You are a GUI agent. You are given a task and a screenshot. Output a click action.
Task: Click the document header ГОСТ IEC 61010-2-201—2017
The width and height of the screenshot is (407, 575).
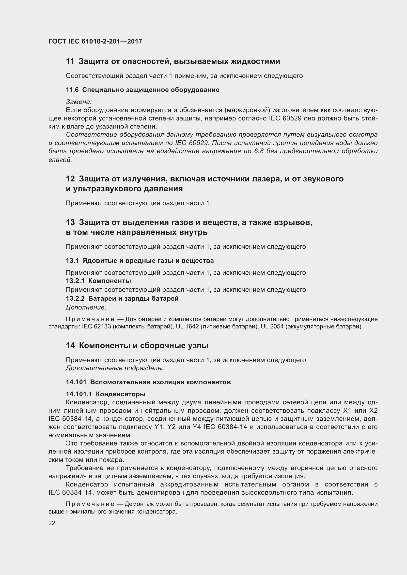pyautogui.click(x=95, y=41)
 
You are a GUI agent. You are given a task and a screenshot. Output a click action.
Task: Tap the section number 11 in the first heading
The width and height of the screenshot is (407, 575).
pyautogui.click(x=70, y=61)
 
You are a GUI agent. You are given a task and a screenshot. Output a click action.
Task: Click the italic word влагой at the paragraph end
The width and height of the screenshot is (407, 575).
pyautogui.click(x=60, y=160)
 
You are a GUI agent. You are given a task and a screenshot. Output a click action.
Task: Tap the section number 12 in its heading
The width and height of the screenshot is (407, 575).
pyautogui.click(x=70, y=179)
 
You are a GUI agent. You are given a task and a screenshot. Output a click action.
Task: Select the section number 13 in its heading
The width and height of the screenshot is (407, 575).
pyautogui.click(x=70, y=222)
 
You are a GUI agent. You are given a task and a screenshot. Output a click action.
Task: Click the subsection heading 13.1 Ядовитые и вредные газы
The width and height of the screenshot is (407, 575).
pyautogui.click(x=140, y=261)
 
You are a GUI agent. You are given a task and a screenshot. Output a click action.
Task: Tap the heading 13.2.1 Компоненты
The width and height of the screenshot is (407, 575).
pyautogui.click(x=98, y=281)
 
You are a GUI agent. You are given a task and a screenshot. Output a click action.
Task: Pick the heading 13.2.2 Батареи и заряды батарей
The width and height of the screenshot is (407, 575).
pyautogui.click(x=122, y=298)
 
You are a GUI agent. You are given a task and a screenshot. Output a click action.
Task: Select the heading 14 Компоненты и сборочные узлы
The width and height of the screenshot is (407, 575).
pyautogui.click(x=137, y=346)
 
